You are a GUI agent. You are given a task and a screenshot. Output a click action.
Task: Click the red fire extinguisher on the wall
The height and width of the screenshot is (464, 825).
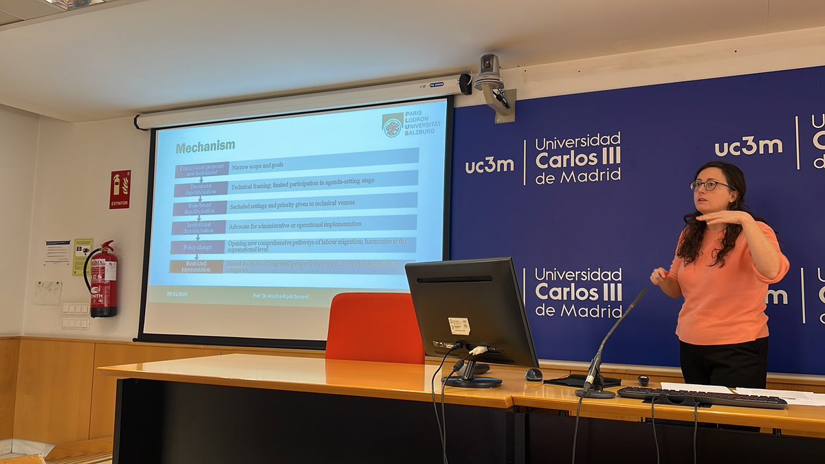[103, 280]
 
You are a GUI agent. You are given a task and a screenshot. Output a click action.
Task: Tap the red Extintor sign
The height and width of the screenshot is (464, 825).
[120, 189]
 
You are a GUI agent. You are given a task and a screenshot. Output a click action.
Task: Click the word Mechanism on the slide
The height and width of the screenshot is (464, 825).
[205, 146]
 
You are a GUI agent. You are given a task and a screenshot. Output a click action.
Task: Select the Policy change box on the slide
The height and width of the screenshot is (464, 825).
[197, 247]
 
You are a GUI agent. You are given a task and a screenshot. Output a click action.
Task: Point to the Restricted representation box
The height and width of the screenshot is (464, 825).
[196, 266]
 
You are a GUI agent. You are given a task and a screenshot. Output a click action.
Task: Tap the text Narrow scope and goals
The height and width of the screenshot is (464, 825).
[257, 166]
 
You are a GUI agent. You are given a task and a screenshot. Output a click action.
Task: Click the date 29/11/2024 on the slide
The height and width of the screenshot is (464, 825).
[177, 294]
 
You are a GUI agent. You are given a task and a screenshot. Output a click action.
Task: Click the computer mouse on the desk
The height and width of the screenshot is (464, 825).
[533, 375]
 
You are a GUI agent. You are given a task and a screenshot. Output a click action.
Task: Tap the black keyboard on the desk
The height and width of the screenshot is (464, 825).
[701, 397]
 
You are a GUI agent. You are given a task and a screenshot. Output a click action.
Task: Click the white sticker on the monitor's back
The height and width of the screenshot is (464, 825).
[459, 326]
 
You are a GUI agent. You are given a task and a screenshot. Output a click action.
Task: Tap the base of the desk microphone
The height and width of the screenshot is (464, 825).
[595, 393]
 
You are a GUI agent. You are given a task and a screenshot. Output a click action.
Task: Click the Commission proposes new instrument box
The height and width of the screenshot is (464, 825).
[201, 169]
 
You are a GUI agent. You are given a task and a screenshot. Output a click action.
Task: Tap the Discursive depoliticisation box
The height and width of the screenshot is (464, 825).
[200, 189]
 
